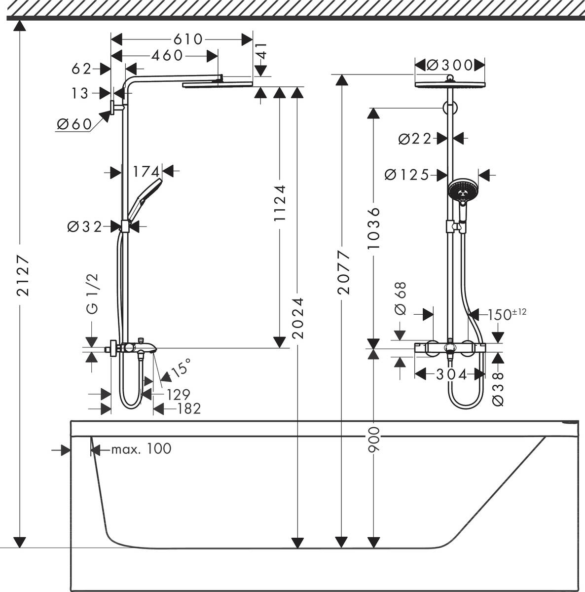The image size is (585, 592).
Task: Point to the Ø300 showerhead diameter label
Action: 449,65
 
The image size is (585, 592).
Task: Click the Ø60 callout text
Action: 74,124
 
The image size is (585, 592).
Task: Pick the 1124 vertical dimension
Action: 280,206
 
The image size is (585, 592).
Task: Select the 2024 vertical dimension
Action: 297,317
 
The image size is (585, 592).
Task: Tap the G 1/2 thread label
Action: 92,295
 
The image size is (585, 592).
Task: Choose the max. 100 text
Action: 141,449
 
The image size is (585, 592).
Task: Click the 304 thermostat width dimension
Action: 451,375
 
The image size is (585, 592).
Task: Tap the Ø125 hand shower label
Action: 407,175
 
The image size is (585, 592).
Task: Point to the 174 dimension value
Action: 146,172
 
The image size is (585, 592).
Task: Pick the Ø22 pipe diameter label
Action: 415,139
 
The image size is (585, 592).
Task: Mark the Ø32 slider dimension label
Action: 84,226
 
